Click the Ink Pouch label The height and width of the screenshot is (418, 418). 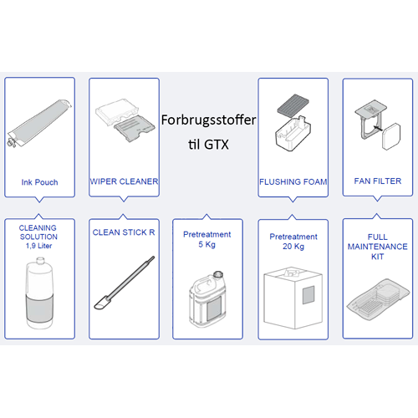click(x=38, y=181)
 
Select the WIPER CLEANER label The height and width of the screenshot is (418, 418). click(x=124, y=181)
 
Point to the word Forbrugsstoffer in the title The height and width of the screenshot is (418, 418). click(x=209, y=120)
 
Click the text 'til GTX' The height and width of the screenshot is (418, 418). click(x=209, y=143)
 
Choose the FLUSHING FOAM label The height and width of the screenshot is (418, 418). click(x=292, y=181)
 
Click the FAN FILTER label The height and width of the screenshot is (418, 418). click(x=376, y=181)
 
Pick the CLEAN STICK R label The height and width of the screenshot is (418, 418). click(x=124, y=232)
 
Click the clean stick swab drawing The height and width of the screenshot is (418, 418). click(x=123, y=284)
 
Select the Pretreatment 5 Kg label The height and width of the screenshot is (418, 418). click(x=206, y=240)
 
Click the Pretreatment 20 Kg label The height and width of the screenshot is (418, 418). click(x=293, y=242)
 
